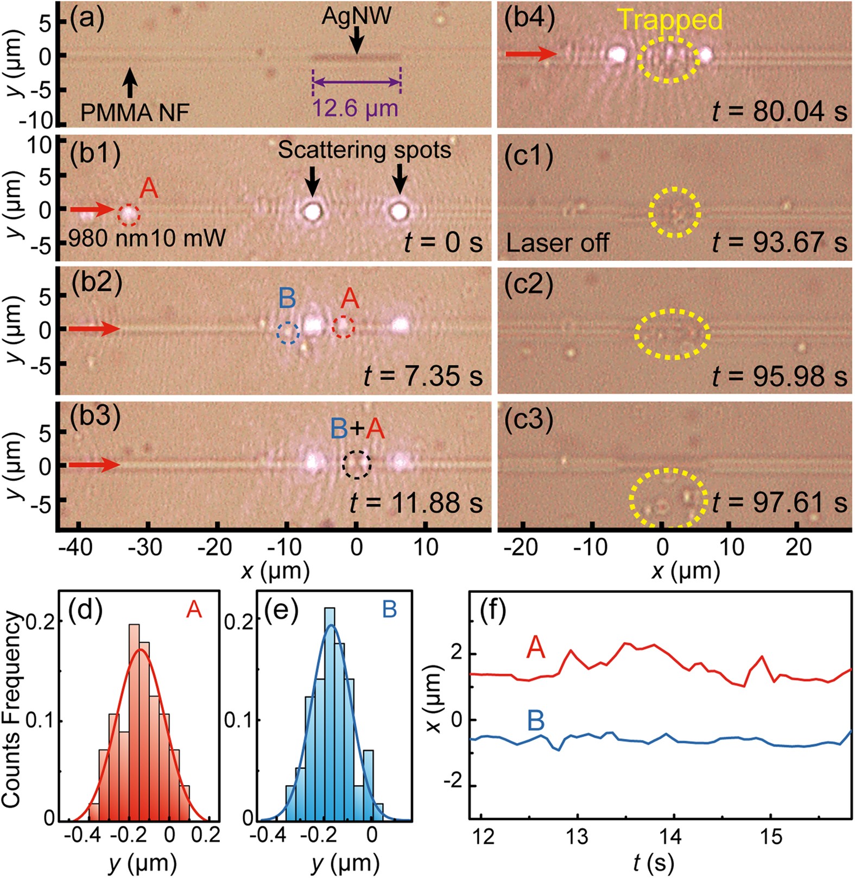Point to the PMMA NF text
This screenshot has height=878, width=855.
coord(135,113)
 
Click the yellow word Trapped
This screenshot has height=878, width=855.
coord(670,20)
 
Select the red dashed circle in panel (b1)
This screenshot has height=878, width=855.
coord(129,215)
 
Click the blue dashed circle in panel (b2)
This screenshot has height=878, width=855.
coord(288,333)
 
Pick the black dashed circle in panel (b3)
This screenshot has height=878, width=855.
coord(357,465)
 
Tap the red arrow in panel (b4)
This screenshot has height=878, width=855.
coord(531,54)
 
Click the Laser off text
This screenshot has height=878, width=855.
coord(558,243)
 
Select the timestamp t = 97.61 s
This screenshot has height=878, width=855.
coord(780,503)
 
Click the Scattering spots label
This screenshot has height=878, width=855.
coord(364,150)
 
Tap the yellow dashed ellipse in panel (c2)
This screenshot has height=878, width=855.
coord(673,334)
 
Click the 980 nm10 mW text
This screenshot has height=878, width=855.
coord(147,238)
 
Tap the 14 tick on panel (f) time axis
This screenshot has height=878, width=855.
coord(673,837)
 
